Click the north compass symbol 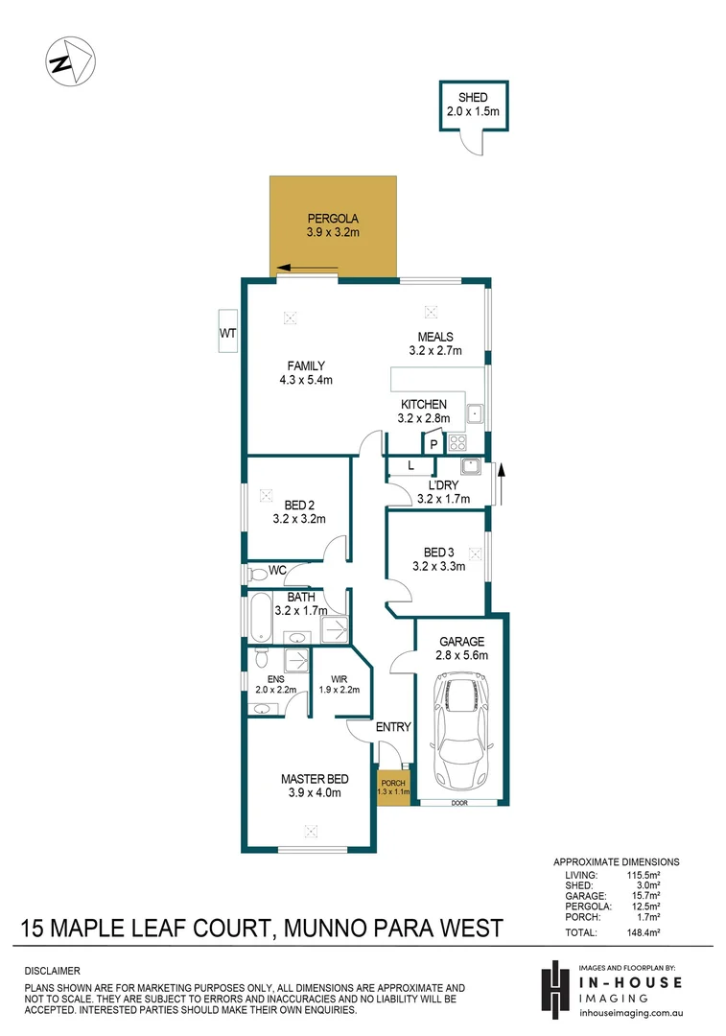[x=70, y=62]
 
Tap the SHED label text [x=473, y=98]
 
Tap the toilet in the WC [x=256, y=574]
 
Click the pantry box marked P [x=433, y=444]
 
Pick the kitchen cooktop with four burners [x=457, y=443]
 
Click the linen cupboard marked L [x=410, y=466]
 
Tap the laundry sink [x=470, y=467]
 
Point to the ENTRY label [x=393, y=727]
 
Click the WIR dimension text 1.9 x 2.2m [x=338, y=688]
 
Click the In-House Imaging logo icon [x=553, y=988]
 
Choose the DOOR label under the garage [x=459, y=803]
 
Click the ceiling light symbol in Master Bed [x=310, y=831]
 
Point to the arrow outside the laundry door [x=500, y=474]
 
